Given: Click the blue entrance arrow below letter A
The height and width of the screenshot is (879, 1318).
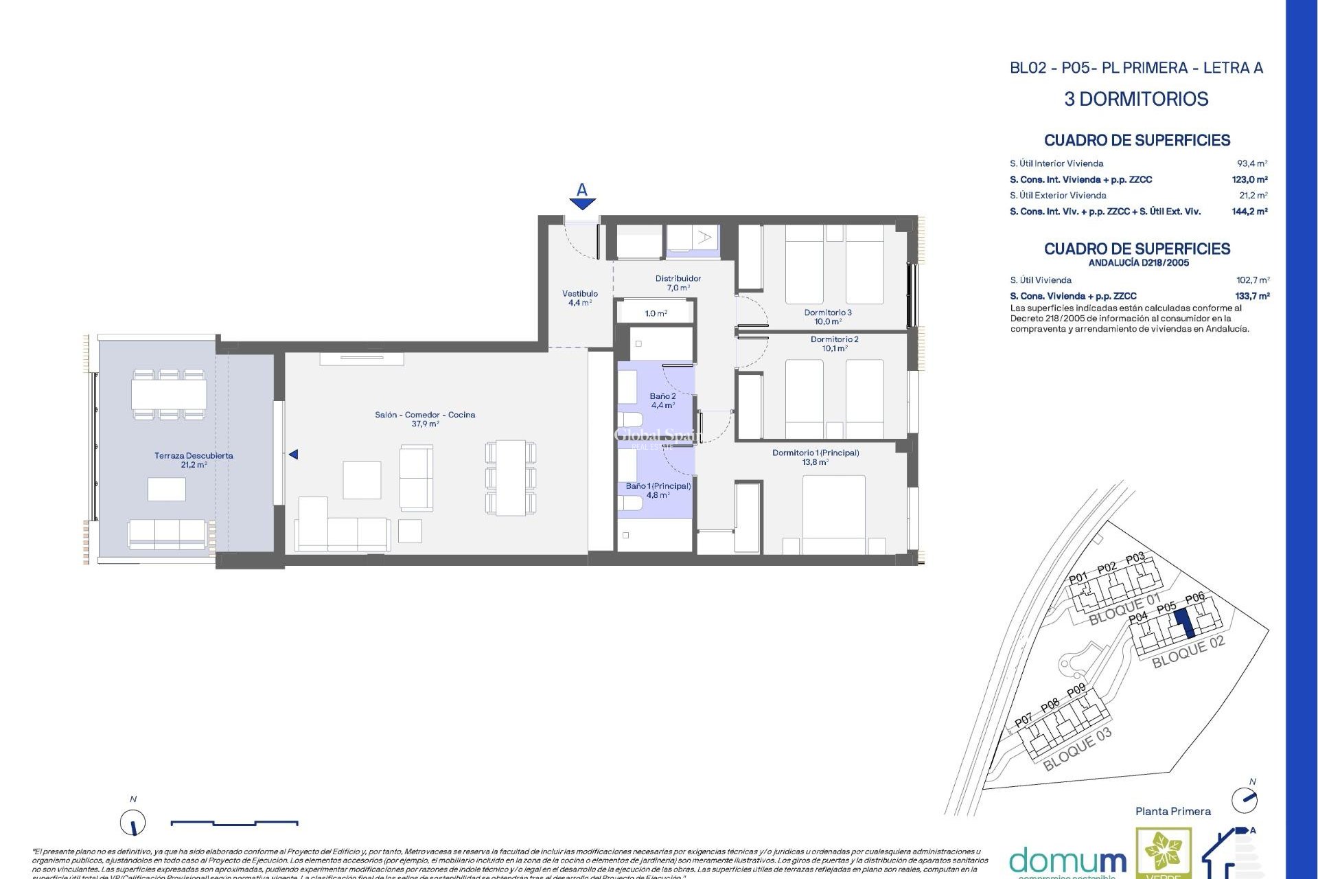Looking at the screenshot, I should tap(582, 203).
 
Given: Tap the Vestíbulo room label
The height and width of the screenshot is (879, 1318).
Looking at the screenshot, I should tap(580, 294).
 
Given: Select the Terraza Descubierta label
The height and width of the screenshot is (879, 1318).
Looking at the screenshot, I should tap(194, 456).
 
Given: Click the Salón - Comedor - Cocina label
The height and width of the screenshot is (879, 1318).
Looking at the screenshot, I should tap(425, 415).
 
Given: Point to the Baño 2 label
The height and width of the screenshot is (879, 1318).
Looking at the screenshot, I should tap(662, 396).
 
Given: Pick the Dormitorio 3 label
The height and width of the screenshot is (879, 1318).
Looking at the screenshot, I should tap(828, 312).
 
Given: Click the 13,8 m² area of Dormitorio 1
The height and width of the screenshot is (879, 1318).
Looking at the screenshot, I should tap(815, 462).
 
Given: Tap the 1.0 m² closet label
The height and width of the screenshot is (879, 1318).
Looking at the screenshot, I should tap(656, 313).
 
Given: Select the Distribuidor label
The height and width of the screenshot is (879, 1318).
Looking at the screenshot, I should tap(678, 278).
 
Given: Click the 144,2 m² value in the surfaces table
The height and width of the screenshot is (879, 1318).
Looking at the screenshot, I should tap(1249, 212).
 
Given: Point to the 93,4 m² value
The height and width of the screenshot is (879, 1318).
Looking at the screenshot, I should tap(1251, 163).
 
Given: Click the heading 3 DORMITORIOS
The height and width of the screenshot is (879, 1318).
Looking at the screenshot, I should tap(1136, 99).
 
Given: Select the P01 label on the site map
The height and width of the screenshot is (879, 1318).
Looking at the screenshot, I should tap(1078, 578).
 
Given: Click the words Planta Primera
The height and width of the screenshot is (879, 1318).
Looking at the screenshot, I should tap(1172, 811).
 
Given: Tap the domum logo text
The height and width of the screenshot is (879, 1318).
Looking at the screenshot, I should tap(1067, 860).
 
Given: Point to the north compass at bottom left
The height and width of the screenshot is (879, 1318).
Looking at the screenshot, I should tap(133, 822).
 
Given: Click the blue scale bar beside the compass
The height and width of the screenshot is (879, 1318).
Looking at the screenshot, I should tap(234, 822).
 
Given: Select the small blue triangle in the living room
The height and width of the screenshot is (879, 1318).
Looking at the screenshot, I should tap(293, 455).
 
